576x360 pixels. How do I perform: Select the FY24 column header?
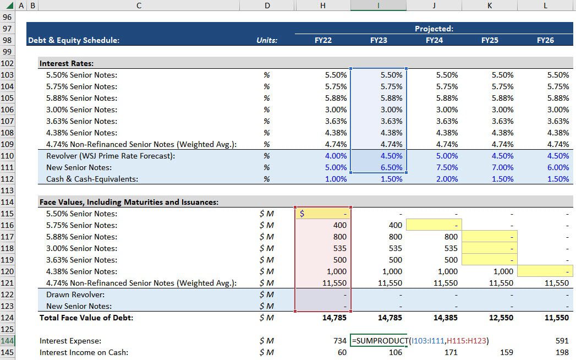pos(434,40)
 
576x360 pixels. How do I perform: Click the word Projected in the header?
pos(434,29)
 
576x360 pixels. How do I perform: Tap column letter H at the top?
pos(323,6)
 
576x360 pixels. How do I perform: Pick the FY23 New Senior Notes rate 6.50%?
pos(391,167)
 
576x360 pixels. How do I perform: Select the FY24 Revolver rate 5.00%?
pos(447,156)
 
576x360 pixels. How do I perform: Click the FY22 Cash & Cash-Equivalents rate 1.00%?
pos(336,179)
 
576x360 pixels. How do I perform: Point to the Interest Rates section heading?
pos(67,63)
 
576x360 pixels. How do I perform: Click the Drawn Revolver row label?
pos(75,294)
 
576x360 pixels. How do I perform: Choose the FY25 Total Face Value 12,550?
pos(501,318)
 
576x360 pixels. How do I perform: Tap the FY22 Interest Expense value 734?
pos(340,341)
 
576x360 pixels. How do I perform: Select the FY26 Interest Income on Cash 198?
pos(562,352)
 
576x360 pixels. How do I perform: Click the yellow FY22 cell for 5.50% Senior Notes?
pos(323,214)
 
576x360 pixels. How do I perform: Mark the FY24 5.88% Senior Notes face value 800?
pos(451,237)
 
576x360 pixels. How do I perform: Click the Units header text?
pos(267,40)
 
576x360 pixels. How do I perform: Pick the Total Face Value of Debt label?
pos(86,318)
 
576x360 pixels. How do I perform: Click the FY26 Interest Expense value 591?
pos(562,341)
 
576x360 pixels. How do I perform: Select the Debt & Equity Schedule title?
pos(74,40)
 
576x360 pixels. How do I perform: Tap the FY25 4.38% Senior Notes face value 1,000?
pos(503,271)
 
